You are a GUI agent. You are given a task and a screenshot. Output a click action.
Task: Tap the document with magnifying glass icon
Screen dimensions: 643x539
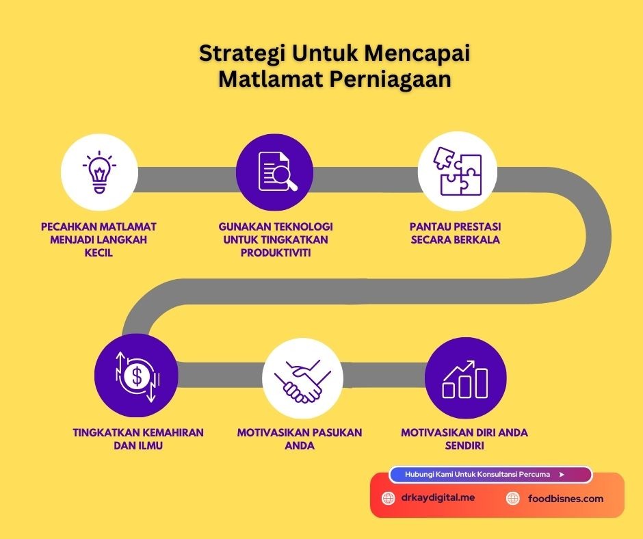click(275, 170)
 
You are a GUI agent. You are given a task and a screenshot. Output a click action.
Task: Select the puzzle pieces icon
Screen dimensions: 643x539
click(458, 170)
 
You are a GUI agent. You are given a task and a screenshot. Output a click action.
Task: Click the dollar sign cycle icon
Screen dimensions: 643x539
click(137, 376)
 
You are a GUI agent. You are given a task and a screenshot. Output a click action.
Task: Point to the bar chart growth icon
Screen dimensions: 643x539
click(465, 378)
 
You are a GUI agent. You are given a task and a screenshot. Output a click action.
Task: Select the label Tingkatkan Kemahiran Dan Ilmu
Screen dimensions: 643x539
click(138, 439)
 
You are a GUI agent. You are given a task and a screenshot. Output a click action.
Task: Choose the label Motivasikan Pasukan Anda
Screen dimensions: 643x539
click(300, 439)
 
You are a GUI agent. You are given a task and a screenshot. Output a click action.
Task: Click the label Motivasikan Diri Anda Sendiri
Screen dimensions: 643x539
click(464, 439)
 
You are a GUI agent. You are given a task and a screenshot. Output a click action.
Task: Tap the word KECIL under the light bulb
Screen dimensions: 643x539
click(99, 252)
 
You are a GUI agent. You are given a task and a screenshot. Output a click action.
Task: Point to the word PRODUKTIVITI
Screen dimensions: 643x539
click(275, 252)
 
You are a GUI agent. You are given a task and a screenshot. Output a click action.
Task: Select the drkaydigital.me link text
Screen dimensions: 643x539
click(438, 498)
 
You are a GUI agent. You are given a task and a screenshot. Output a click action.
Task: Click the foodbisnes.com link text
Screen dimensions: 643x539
click(566, 499)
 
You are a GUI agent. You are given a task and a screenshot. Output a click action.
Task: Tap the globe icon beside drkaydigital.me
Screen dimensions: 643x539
click(388, 499)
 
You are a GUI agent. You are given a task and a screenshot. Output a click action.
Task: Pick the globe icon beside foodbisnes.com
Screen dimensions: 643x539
click(512, 499)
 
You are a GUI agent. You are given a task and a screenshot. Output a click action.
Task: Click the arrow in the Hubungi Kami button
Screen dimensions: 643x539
click(562, 474)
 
